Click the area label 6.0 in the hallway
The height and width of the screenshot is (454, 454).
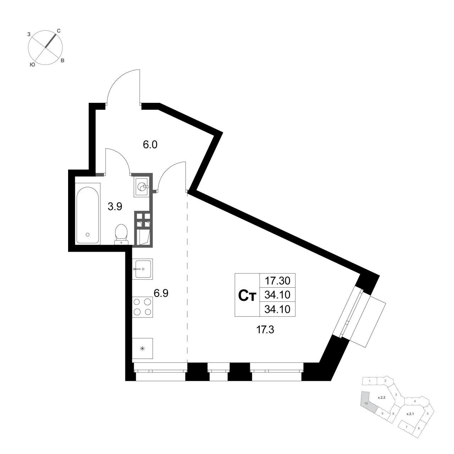click(150, 145)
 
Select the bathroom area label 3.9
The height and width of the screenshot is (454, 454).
click(115, 207)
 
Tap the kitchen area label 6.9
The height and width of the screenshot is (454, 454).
click(161, 293)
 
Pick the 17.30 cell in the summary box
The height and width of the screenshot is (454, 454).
click(277, 281)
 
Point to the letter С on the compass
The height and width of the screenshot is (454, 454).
click(59, 31)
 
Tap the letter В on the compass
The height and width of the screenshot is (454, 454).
click(62, 61)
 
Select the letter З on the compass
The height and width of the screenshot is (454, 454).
click(29, 34)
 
